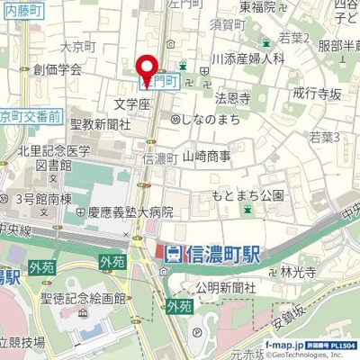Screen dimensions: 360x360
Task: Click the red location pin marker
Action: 147,68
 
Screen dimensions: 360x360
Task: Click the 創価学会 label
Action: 58,68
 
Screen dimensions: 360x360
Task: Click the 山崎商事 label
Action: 207,157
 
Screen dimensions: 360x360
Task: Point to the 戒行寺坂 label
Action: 314,93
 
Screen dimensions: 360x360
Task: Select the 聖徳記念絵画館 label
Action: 88,298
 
